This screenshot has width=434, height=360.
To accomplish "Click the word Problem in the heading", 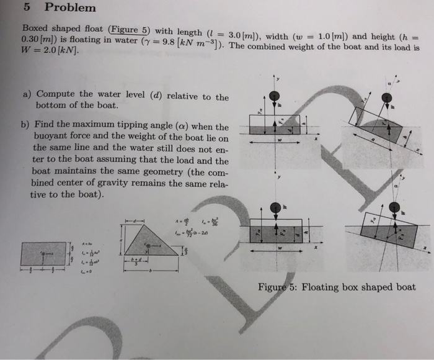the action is (70, 7).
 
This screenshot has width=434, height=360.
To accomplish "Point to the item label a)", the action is (28, 94).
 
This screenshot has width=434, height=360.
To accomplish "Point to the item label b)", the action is (28, 126).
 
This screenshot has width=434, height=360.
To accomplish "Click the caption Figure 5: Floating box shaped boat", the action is (337, 287).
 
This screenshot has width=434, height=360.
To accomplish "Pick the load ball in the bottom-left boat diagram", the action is (273, 208).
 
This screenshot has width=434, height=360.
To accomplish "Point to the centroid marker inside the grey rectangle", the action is (43, 253).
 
